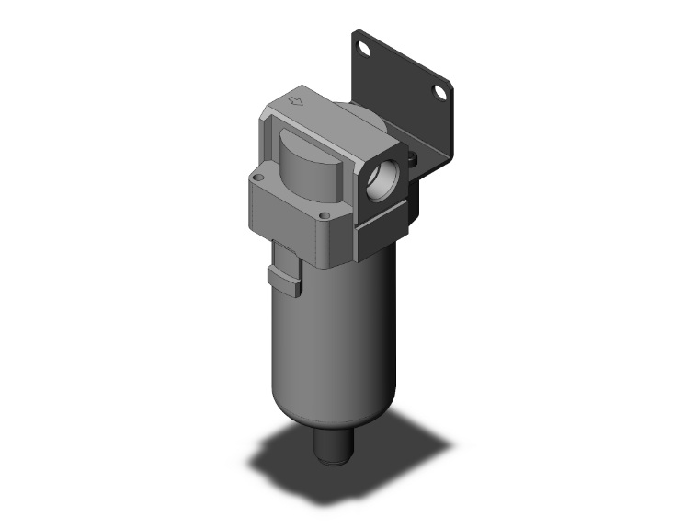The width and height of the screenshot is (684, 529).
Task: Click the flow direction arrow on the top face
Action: coord(296,102)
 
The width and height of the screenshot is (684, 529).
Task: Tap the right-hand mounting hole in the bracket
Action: coord(440,96)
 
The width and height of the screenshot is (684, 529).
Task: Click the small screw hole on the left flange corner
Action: coord(258,178)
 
